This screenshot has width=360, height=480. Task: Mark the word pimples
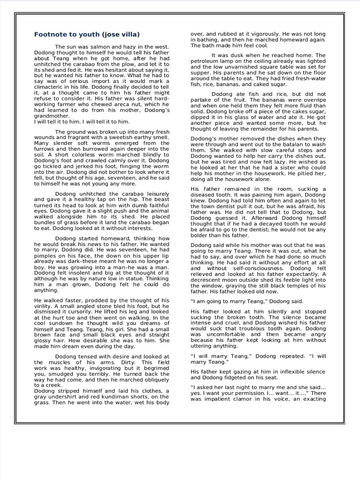pos(46,256)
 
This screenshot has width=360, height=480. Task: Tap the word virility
pos(45,305)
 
